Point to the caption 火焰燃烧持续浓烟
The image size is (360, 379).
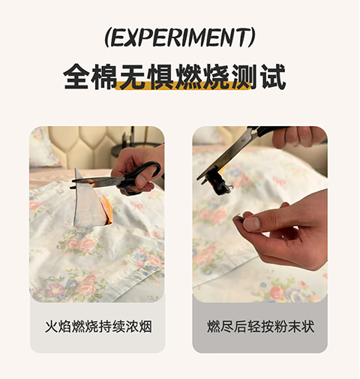pyautogui.click(x=98, y=326)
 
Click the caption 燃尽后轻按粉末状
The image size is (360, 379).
pyautogui.click(x=260, y=326)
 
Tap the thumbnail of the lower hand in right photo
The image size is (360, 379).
pyautogui.click(x=251, y=224)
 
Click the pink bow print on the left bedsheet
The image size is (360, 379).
pyautogui.click(x=138, y=207)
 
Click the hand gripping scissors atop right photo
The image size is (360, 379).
pyautogui.click(x=298, y=137)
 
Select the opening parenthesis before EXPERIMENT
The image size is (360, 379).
pyautogui.click(x=107, y=38)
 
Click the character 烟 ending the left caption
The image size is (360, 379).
pyautogui.click(x=145, y=326)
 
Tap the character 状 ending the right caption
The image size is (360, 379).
pyautogui.click(x=307, y=326)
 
